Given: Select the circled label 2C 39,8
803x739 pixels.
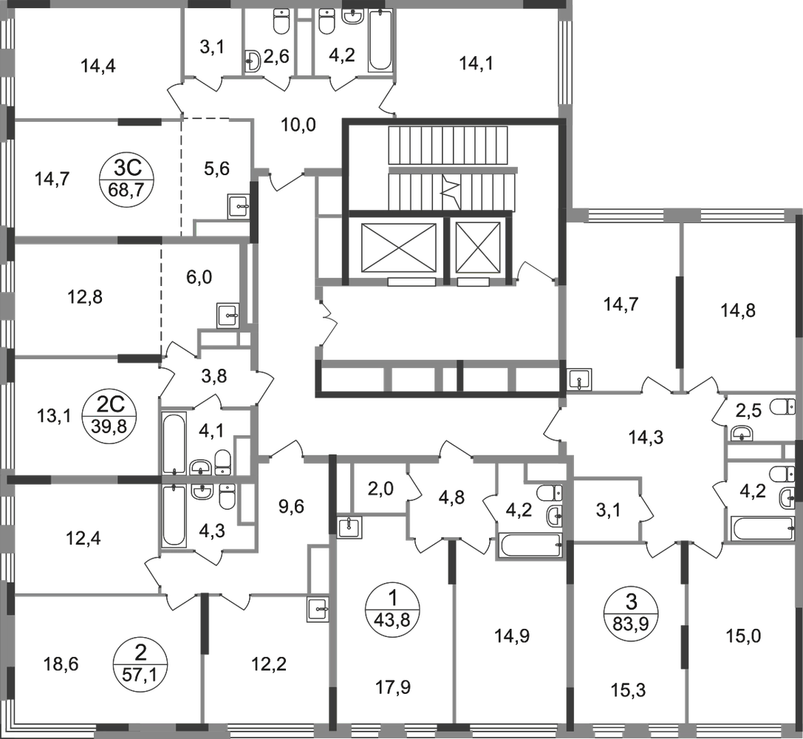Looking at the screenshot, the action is (x=110, y=415).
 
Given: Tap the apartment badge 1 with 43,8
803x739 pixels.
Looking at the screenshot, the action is (x=393, y=608).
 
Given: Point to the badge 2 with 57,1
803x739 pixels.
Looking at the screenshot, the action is (x=140, y=664).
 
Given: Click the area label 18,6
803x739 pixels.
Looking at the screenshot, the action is (x=61, y=665).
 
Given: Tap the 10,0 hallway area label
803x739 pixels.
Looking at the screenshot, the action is (x=298, y=124).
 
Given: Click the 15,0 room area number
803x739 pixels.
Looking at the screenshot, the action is (x=744, y=636).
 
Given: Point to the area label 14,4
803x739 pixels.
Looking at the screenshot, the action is (x=98, y=66).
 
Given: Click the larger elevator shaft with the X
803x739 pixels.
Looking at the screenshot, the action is (x=398, y=248).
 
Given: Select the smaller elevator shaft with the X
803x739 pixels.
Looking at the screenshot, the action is (x=477, y=248).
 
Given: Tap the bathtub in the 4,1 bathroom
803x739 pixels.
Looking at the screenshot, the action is (x=174, y=443).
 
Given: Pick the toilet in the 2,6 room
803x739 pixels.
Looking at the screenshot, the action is (x=281, y=21).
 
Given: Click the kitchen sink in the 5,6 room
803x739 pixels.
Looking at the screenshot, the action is (x=239, y=206).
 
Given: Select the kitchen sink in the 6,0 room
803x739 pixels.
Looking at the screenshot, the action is (x=228, y=316).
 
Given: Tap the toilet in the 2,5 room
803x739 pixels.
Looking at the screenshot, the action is (x=784, y=406).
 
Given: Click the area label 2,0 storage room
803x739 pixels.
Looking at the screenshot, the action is (x=380, y=489).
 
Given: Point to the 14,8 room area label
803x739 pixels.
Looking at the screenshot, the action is (x=738, y=310).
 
